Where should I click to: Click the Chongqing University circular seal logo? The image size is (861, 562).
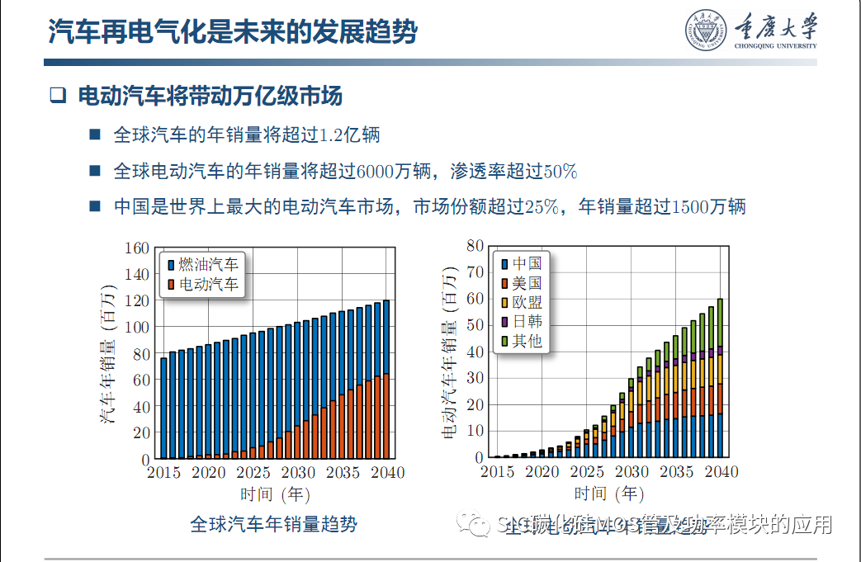tap(704, 31)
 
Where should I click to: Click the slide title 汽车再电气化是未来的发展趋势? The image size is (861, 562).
tap(233, 33)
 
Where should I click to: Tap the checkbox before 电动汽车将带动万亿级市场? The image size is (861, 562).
tap(57, 96)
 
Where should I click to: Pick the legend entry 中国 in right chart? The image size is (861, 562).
tap(527, 263)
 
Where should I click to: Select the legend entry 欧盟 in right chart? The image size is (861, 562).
tap(527, 302)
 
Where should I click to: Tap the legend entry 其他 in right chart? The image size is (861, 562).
tap(527, 341)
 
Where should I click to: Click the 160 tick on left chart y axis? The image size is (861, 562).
tap(136, 248)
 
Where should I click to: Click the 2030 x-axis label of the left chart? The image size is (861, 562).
tap(298, 473)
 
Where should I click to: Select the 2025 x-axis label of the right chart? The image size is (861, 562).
tap(587, 472)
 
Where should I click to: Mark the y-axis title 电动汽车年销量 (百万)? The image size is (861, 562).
tap(451, 350)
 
